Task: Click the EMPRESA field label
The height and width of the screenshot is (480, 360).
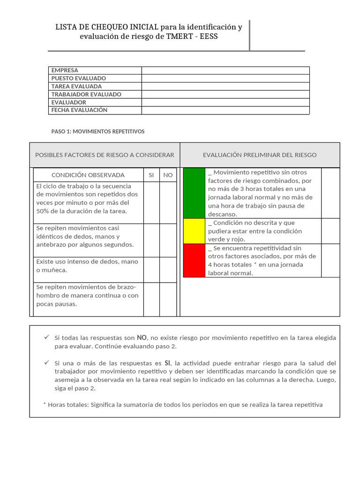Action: tap(65, 70)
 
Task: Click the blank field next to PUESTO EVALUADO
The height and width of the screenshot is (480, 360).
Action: tap(225, 78)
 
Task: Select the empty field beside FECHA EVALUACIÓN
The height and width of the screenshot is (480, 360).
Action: tap(225, 110)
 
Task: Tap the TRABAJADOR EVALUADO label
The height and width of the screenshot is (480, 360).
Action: tap(86, 94)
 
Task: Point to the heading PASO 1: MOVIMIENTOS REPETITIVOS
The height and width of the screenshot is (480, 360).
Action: tap(97, 132)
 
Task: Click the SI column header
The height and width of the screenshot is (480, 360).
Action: tap(151, 175)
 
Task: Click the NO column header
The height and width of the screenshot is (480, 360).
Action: tap(168, 175)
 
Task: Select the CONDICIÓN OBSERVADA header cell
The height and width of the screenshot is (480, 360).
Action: tap(88, 175)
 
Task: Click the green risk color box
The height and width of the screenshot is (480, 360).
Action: tap(194, 193)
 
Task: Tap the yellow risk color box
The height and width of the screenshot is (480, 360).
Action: tap(194, 231)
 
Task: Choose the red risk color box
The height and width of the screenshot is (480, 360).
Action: tap(194, 261)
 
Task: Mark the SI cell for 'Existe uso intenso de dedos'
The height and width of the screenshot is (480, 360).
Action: tap(151, 270)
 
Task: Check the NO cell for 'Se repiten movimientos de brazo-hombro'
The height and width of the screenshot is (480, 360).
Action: tap(168, 299)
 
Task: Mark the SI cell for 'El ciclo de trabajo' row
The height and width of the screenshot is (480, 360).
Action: tap(151, 202)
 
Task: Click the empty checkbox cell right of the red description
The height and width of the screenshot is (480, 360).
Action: tap(330, 261)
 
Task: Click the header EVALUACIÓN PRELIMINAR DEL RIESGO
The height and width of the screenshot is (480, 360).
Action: tap(260, 155)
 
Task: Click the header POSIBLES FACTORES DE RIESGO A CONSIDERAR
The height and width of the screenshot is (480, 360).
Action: tap(105, 155)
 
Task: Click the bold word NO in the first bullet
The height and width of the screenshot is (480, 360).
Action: tap(142, 337)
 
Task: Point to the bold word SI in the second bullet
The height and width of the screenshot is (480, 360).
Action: tap(167, 363)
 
